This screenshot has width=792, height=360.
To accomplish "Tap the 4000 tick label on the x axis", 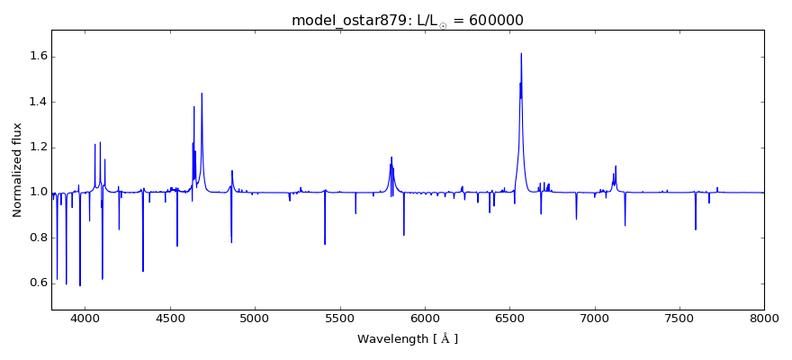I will pyautogui.click(x=85, y=319).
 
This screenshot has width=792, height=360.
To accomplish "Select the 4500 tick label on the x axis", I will pyautogui.click(x=170, y=319).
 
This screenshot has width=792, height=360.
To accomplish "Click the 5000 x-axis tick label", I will pyautogui.click(x=255, y=319).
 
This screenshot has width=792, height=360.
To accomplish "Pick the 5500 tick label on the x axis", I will pyautogui.click(x=340, y=319).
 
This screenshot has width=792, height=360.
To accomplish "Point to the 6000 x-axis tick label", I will pyautogui.click(x=425, y=319).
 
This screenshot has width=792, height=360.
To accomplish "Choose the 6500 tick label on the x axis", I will pyautogui.click(x=509, y=319).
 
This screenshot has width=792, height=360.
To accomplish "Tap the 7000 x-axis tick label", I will pyautogui.click(x=595, y=319).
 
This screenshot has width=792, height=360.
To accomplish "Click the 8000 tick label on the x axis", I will pyautogui.click(x=764, y=319).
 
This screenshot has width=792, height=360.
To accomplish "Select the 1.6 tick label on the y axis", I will pyautogui.click(x=36, y=57).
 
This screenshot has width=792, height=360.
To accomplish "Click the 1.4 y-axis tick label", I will pyautogui.click(x=36, y=102).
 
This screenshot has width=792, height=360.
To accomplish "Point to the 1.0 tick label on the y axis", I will pyautogui.click(x=36, y=192).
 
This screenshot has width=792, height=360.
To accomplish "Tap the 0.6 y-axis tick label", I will pyautogui.click(x=36, y=283).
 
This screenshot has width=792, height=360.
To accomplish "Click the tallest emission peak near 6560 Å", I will pyautogui.click(x=521, y=53).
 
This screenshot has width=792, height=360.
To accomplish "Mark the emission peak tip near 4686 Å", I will pyautogui.click(x=202, y=94).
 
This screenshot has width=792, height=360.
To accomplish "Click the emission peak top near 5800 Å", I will pyautogui.click(x=391, y=157).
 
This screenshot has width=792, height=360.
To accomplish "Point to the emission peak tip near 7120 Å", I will pyautogui.click(x=616, y=166).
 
